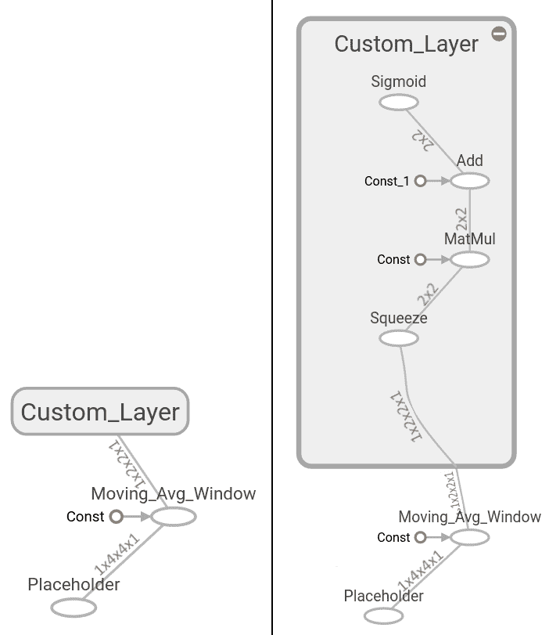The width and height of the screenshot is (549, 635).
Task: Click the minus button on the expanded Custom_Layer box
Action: tap(499, 34)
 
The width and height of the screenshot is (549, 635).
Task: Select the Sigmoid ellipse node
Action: tap(399, 102)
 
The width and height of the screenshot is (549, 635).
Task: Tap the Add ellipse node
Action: tap(470, 181)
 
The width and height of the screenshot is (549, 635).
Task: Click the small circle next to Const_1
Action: tap(420, 181)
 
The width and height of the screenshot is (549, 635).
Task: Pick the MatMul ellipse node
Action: tap(470, 259)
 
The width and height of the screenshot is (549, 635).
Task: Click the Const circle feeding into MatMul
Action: tap(420, 259)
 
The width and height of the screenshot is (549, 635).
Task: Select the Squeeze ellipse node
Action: tap(399, 338)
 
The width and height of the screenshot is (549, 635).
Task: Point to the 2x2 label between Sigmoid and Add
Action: tap(423, 140)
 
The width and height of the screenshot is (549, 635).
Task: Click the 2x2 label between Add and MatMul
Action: tap(461, 219)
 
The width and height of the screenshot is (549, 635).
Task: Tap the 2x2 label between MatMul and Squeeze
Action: tap(428, 294)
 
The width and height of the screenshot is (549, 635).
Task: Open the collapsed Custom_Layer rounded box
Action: tap(100, 411)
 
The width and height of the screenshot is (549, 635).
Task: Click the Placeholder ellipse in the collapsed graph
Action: tap(74, 608)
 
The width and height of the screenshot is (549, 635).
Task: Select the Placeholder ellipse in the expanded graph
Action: tap(383, 616)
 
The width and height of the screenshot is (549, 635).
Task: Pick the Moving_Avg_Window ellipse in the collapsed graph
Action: tap(174, 517)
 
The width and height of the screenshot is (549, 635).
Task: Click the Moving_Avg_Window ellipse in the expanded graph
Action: tap(470, 537)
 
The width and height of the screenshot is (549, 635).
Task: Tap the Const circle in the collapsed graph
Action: tap(116, 516)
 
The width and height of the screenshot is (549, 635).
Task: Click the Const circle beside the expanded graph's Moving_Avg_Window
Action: tap(420, 537)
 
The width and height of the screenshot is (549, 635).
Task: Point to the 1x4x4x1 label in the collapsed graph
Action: tap(117, 554)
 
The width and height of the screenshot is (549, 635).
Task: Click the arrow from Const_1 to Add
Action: tap(439, 181)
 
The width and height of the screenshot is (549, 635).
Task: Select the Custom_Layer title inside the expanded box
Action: tap(406, 44)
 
